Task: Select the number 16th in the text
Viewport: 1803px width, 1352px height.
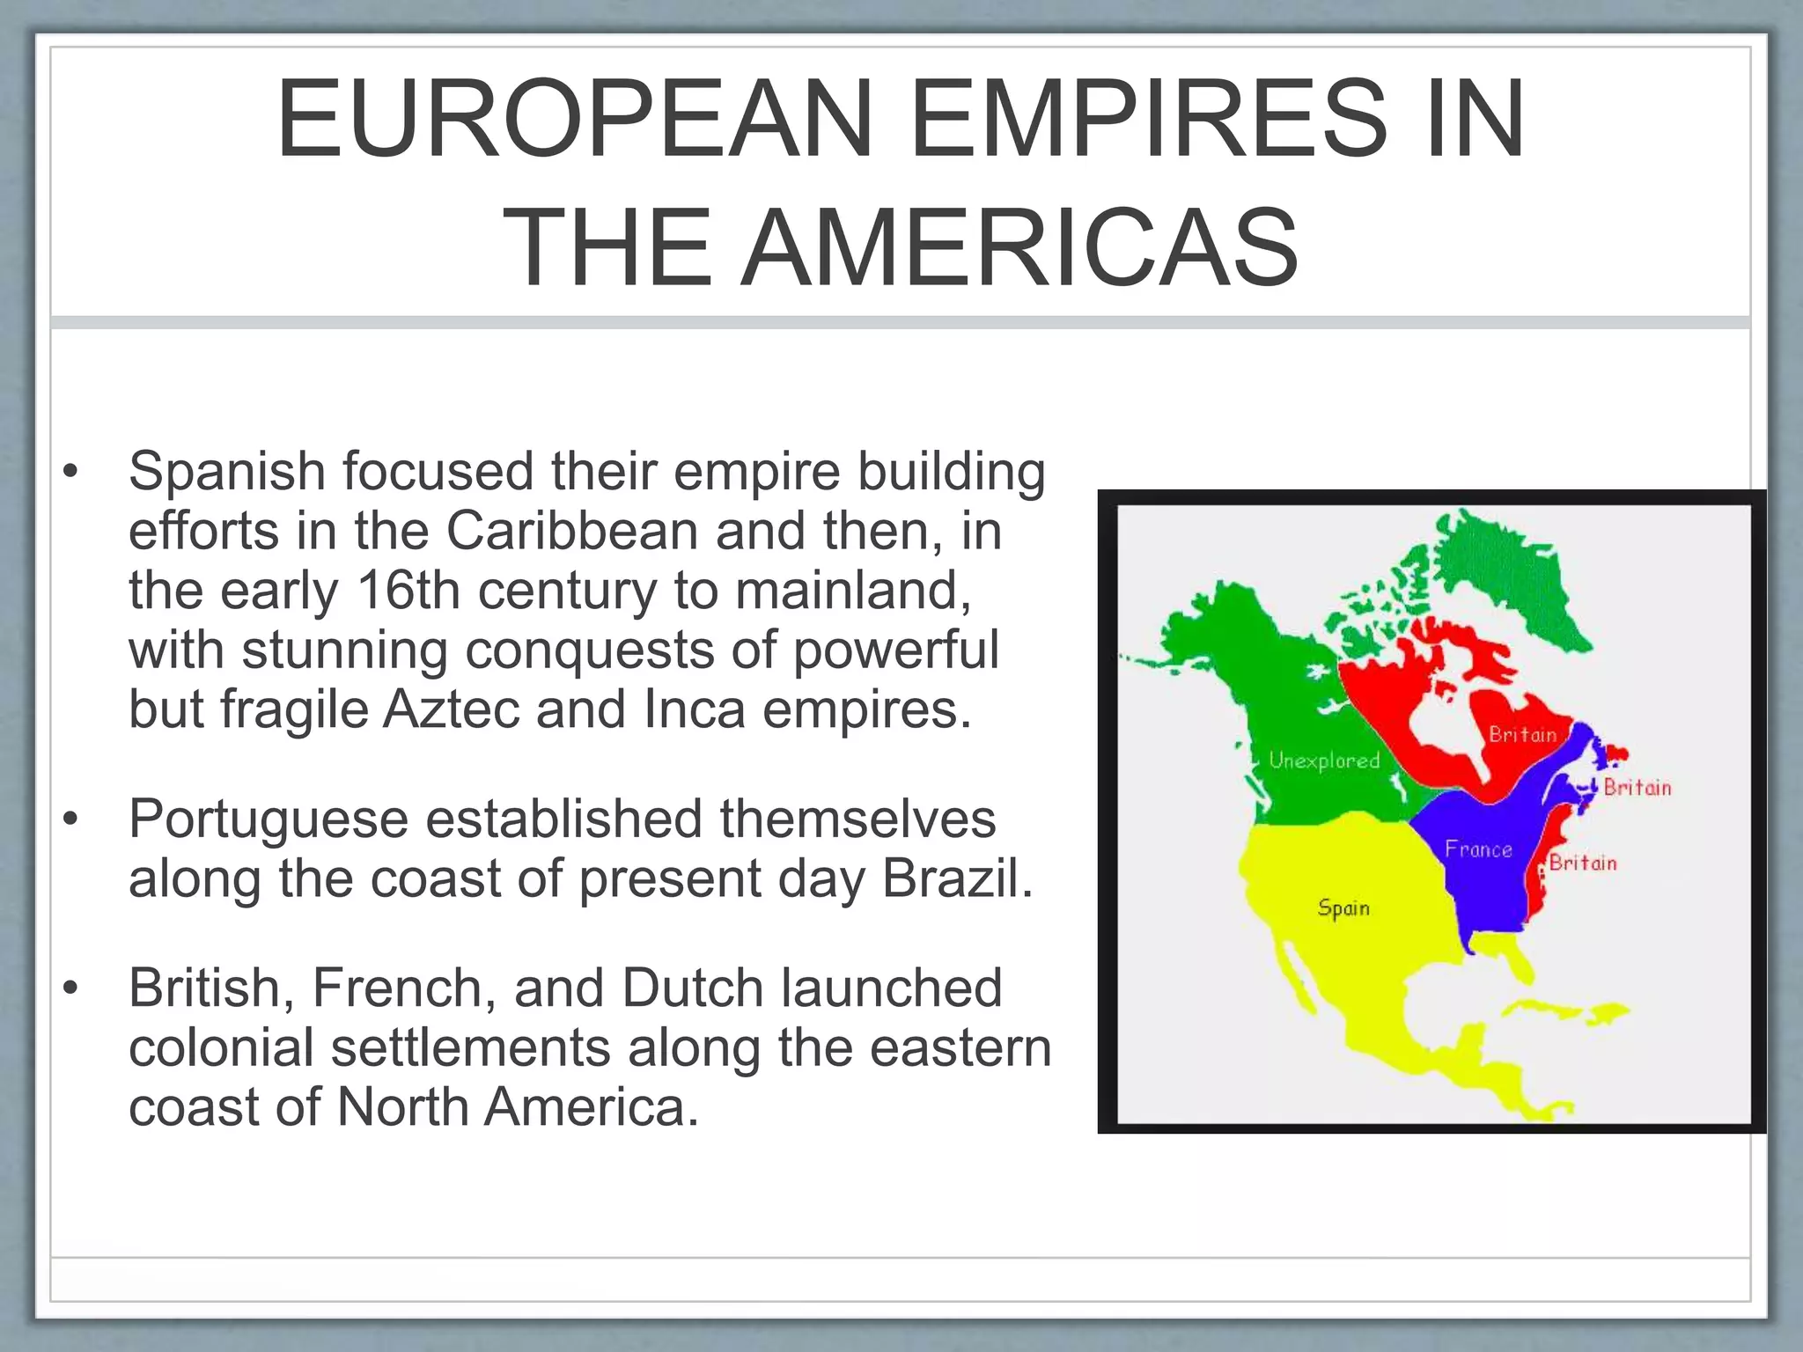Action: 408,590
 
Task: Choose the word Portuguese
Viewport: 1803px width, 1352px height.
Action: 268,819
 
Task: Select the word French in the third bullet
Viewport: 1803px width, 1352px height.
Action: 396,988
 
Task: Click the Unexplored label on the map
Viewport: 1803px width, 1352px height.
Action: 1324,760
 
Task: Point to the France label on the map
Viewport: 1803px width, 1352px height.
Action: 1478,849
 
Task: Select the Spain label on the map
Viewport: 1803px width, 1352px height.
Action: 1343,907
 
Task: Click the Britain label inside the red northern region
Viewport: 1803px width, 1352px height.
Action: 1523,735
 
